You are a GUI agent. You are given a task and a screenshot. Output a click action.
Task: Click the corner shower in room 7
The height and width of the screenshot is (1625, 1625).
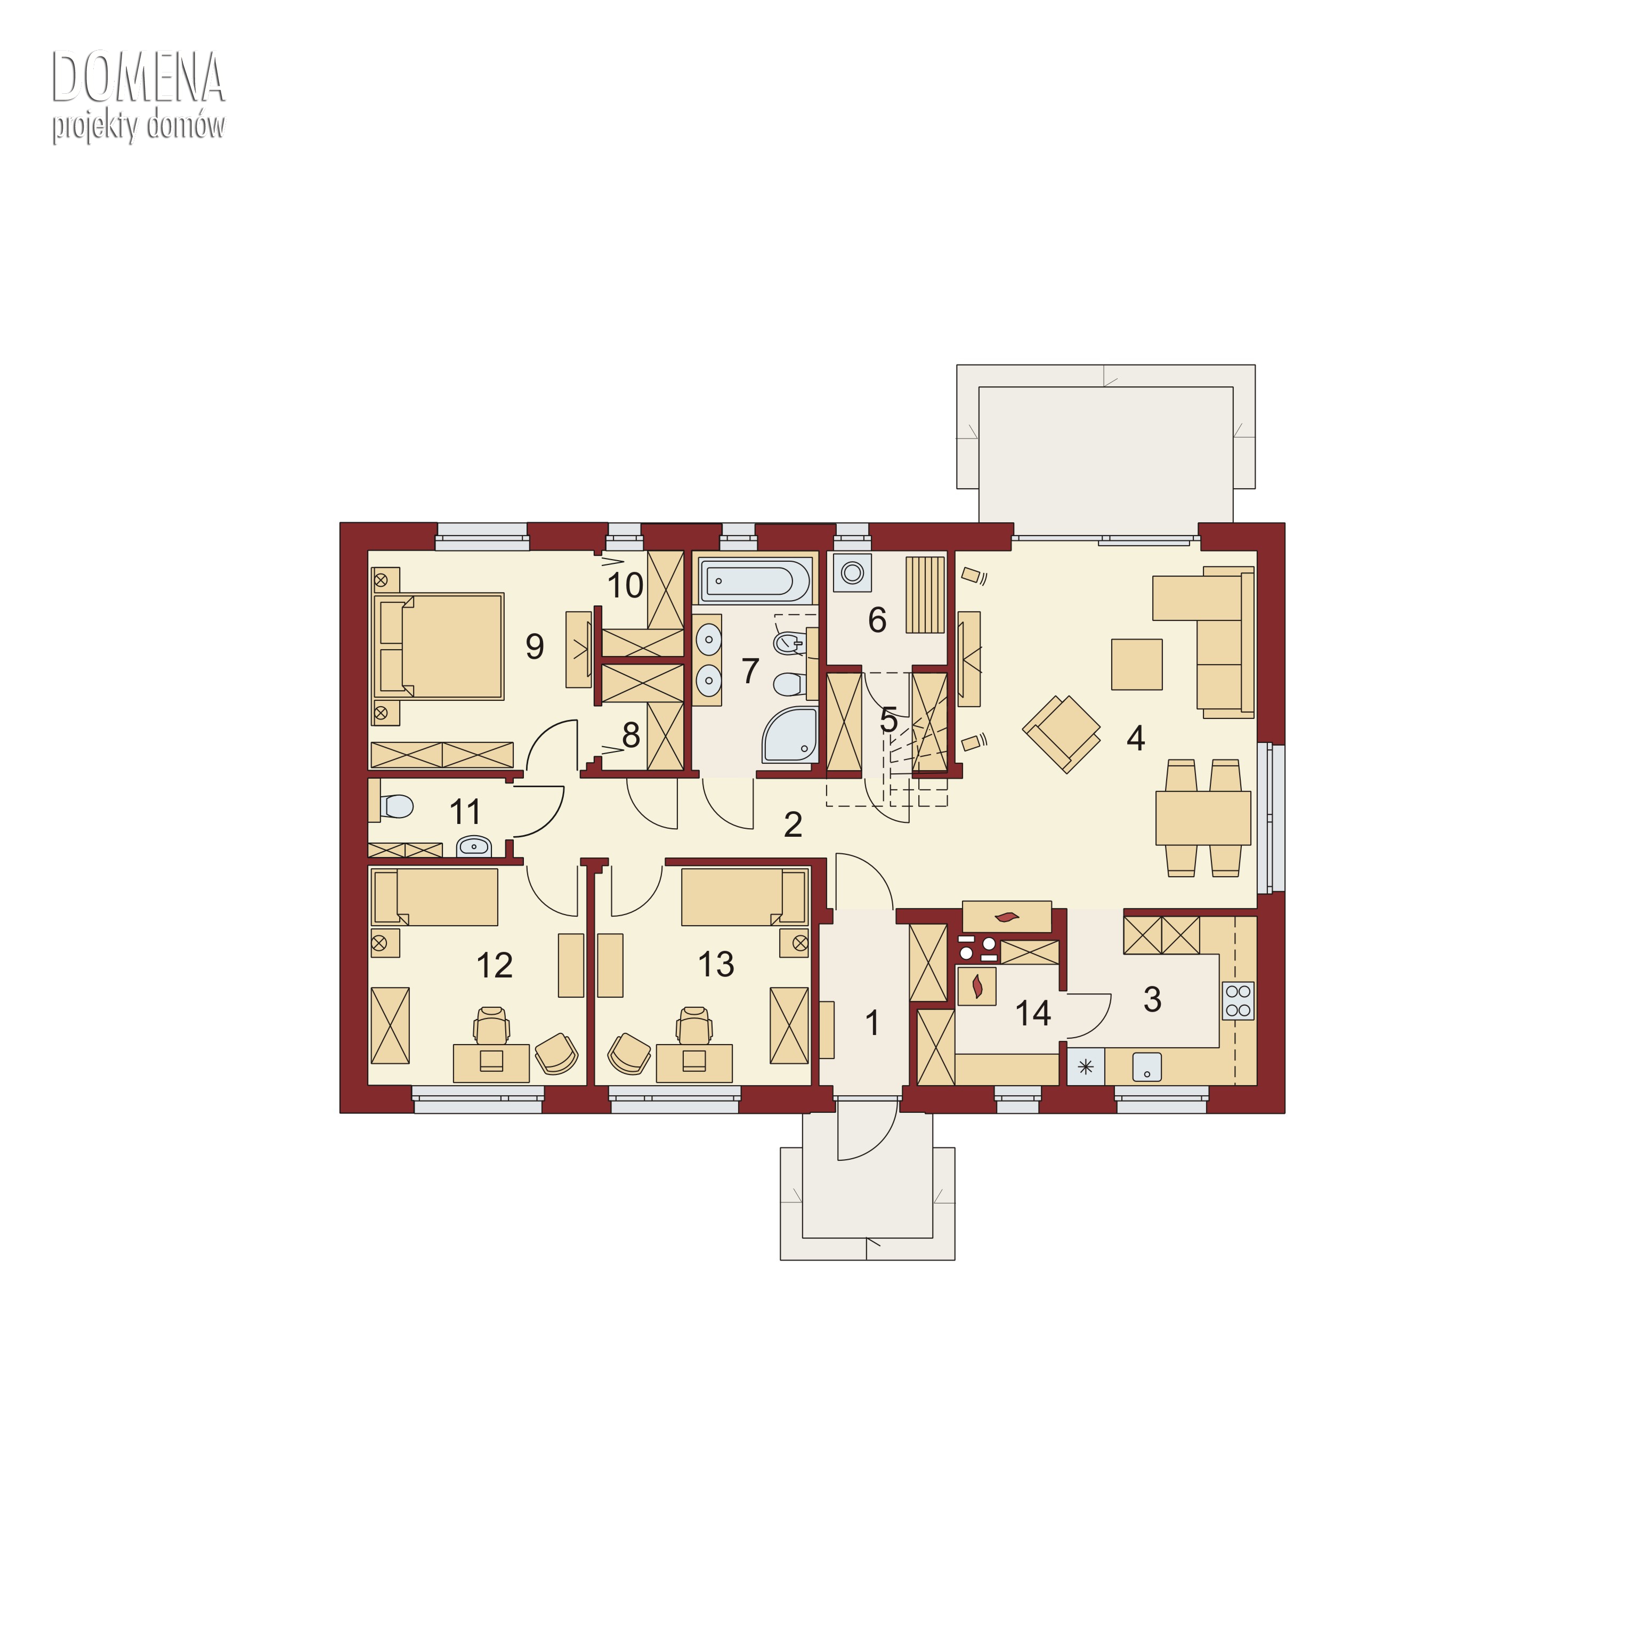[790, 735]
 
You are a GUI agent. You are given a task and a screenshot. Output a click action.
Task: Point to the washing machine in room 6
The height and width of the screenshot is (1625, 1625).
[852, 573]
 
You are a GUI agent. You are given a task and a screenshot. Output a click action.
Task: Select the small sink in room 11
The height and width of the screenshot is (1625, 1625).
[474, 846]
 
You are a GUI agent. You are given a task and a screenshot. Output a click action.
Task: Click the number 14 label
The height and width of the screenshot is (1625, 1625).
[1033, 1014]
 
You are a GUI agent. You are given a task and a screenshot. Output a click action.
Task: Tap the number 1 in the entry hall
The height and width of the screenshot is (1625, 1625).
[872, 1023]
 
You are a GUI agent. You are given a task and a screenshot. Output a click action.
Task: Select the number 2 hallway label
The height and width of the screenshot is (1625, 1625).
[793, 825]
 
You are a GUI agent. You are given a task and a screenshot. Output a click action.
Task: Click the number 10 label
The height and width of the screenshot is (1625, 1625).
[625, 585]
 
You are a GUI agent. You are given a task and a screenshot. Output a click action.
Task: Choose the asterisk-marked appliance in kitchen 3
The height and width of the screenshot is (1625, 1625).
[1086, 1068]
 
